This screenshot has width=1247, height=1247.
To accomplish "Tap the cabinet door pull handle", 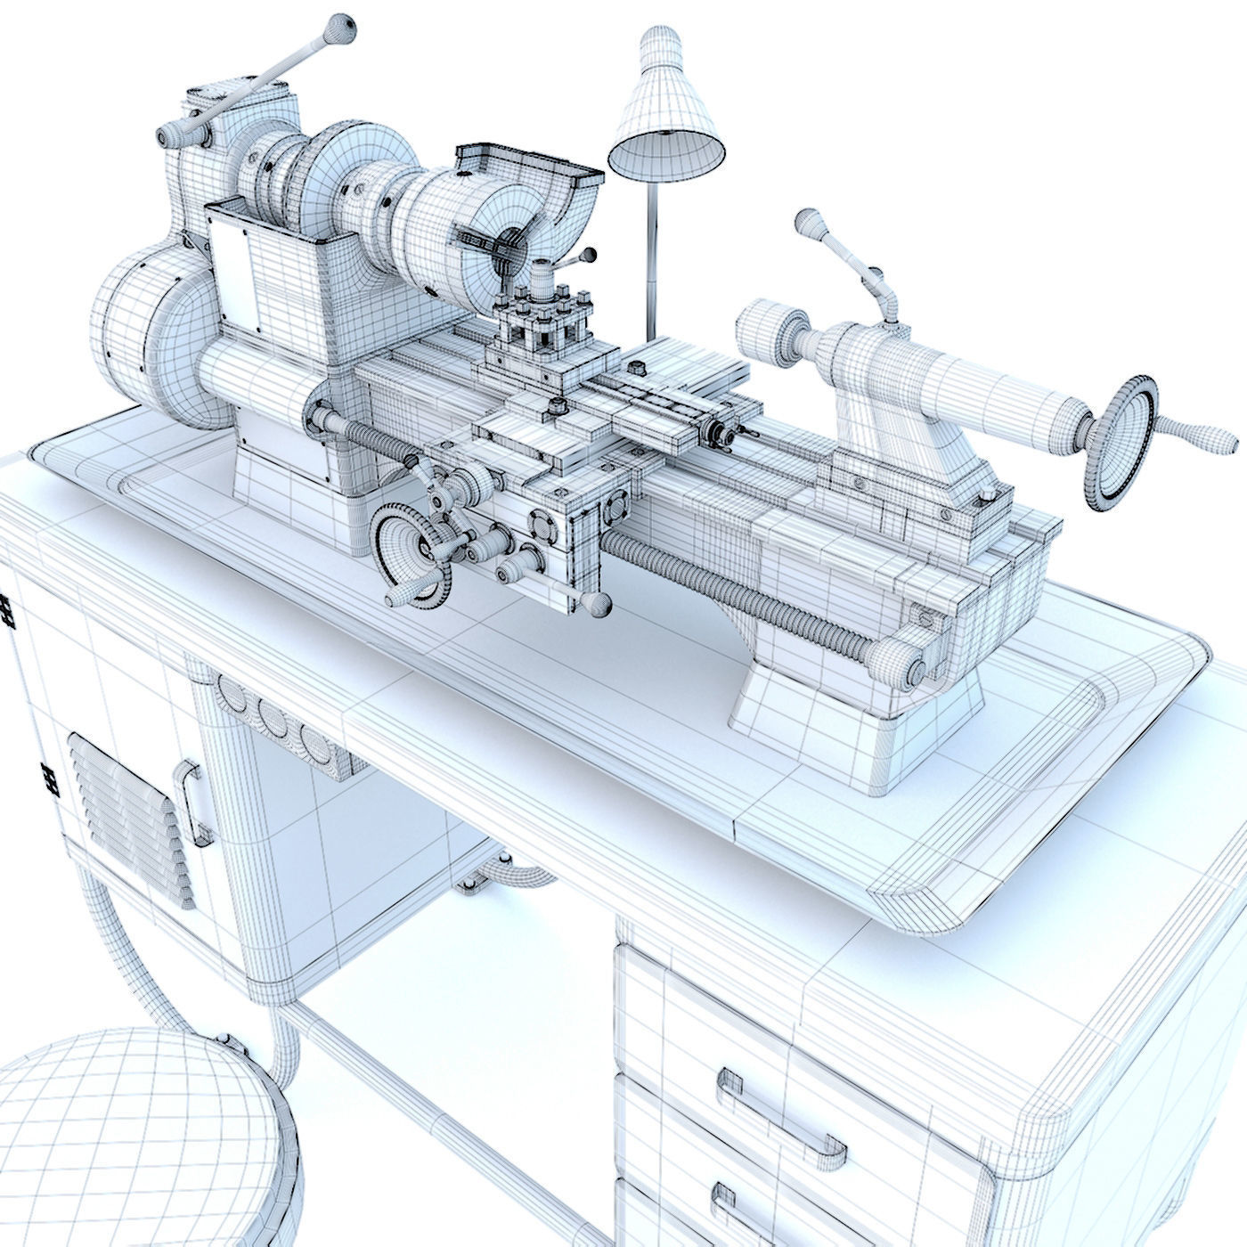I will point(195,802).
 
